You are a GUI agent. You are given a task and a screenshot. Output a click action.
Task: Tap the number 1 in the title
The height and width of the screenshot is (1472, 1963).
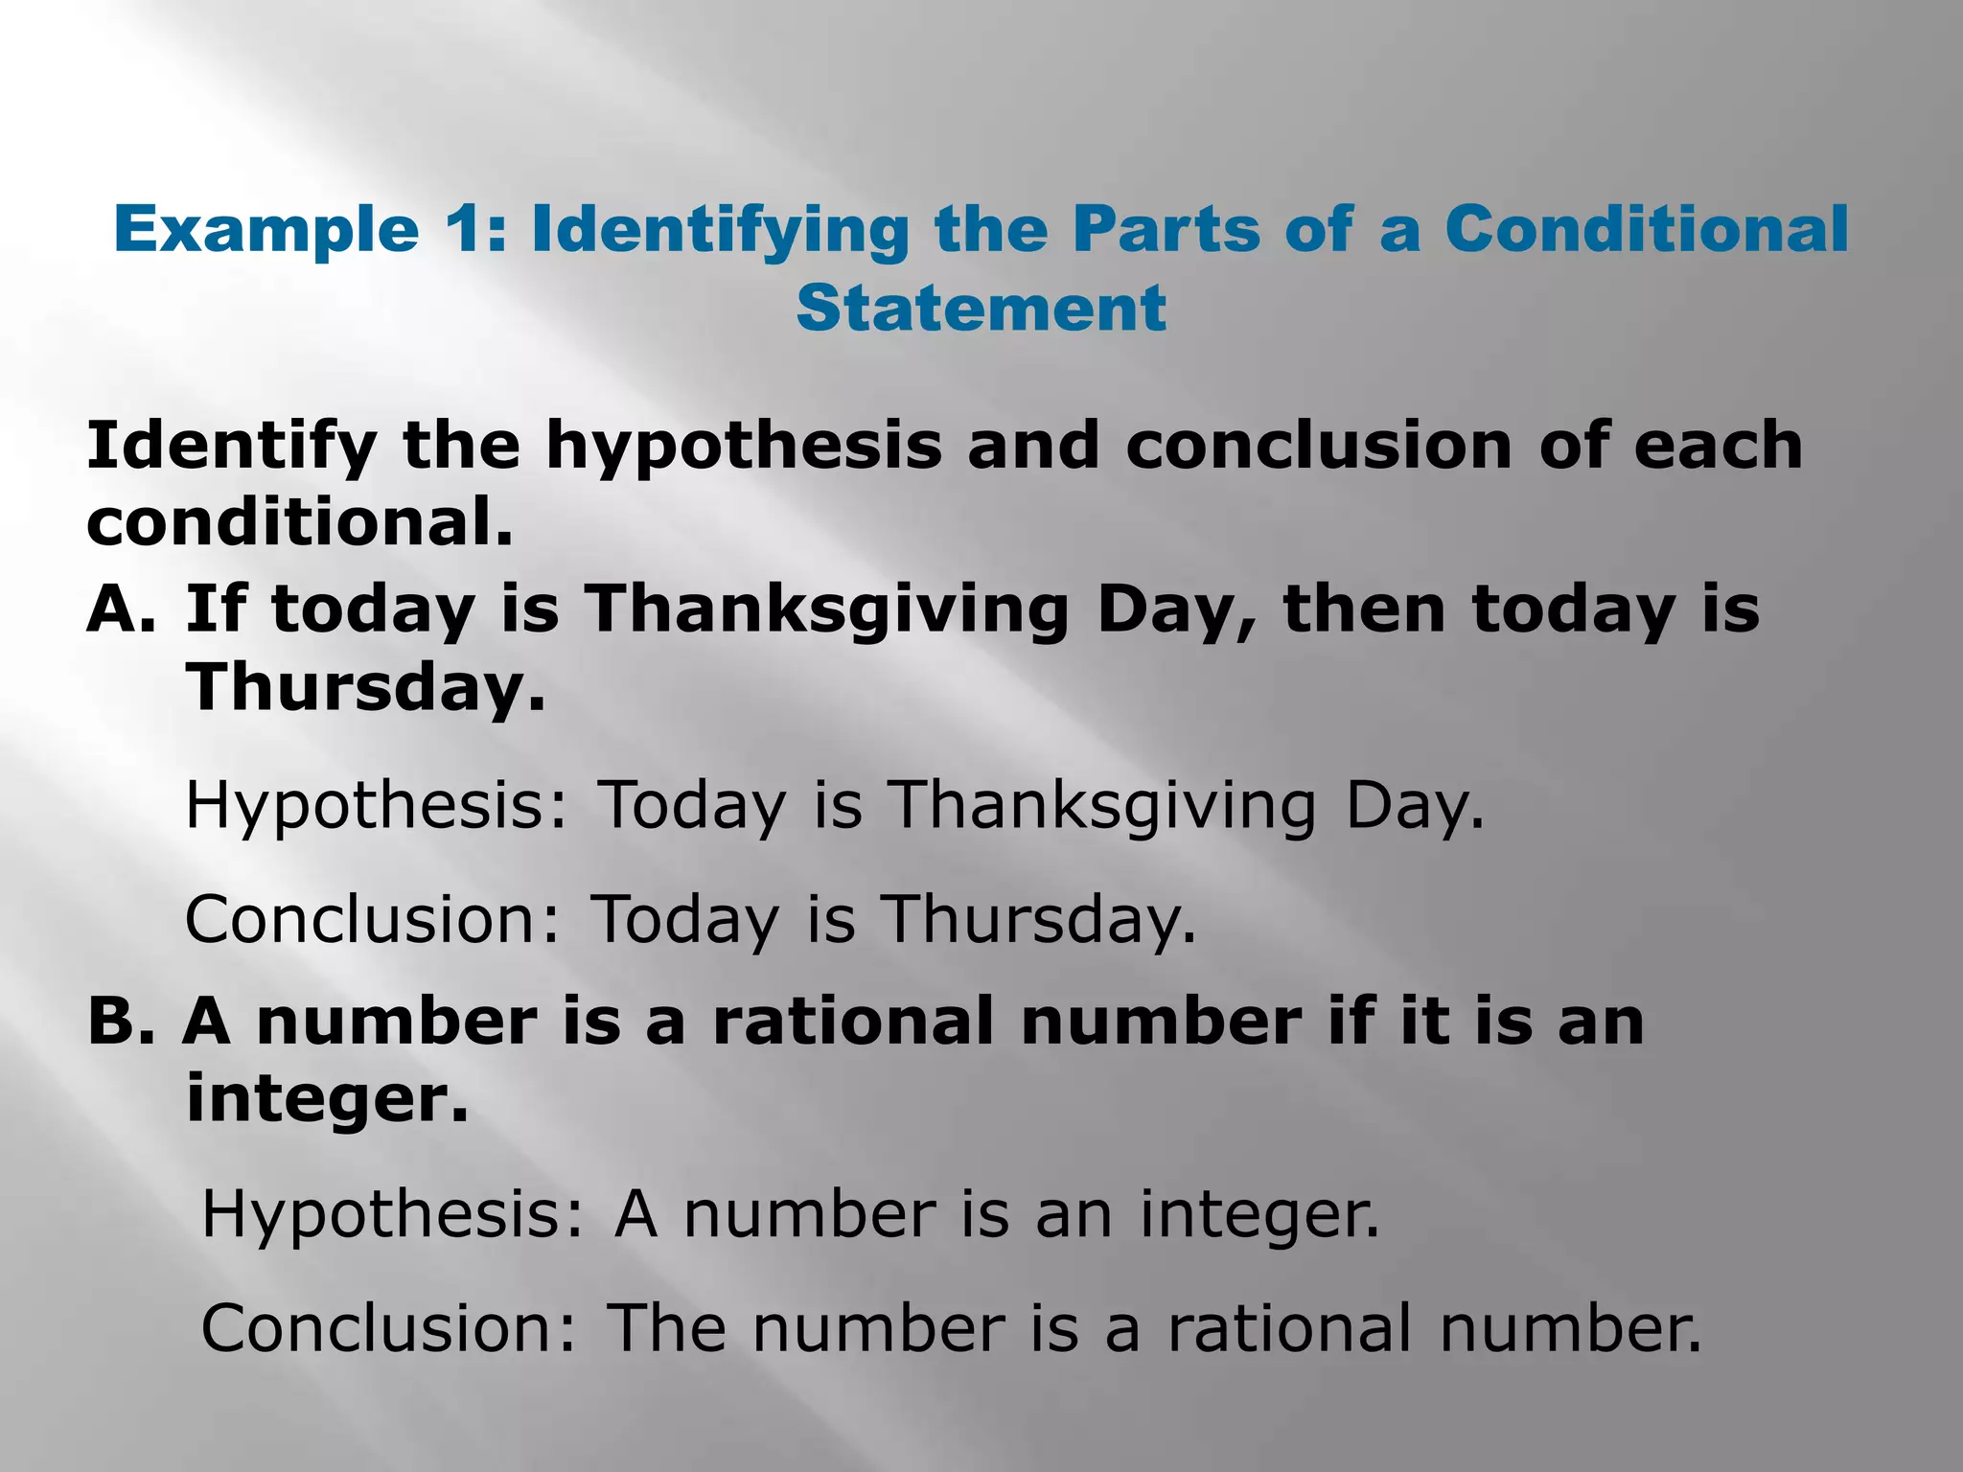click(x=469, y=230)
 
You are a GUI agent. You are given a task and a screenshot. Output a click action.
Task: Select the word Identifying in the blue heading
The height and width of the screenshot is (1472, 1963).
click(x=719, y=230)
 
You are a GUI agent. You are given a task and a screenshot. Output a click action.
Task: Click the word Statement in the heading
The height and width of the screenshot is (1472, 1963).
click(x=981, y=308)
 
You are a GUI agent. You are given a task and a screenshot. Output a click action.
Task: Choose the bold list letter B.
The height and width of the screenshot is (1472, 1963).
click(x=120, y=1021)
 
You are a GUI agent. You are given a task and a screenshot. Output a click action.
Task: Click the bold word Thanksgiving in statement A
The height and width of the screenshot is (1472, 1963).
click(x=826, y=609)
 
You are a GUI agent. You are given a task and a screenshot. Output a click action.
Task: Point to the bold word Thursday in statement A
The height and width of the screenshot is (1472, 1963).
click(x=365, y=687)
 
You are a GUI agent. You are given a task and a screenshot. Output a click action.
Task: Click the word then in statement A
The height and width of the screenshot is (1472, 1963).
click(x=1364, y=609)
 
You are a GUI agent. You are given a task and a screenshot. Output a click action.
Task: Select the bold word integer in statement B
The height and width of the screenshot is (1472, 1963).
click(x=326, y=1098)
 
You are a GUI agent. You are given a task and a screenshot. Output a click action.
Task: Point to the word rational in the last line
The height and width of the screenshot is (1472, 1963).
click(x=1289, y=1328)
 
